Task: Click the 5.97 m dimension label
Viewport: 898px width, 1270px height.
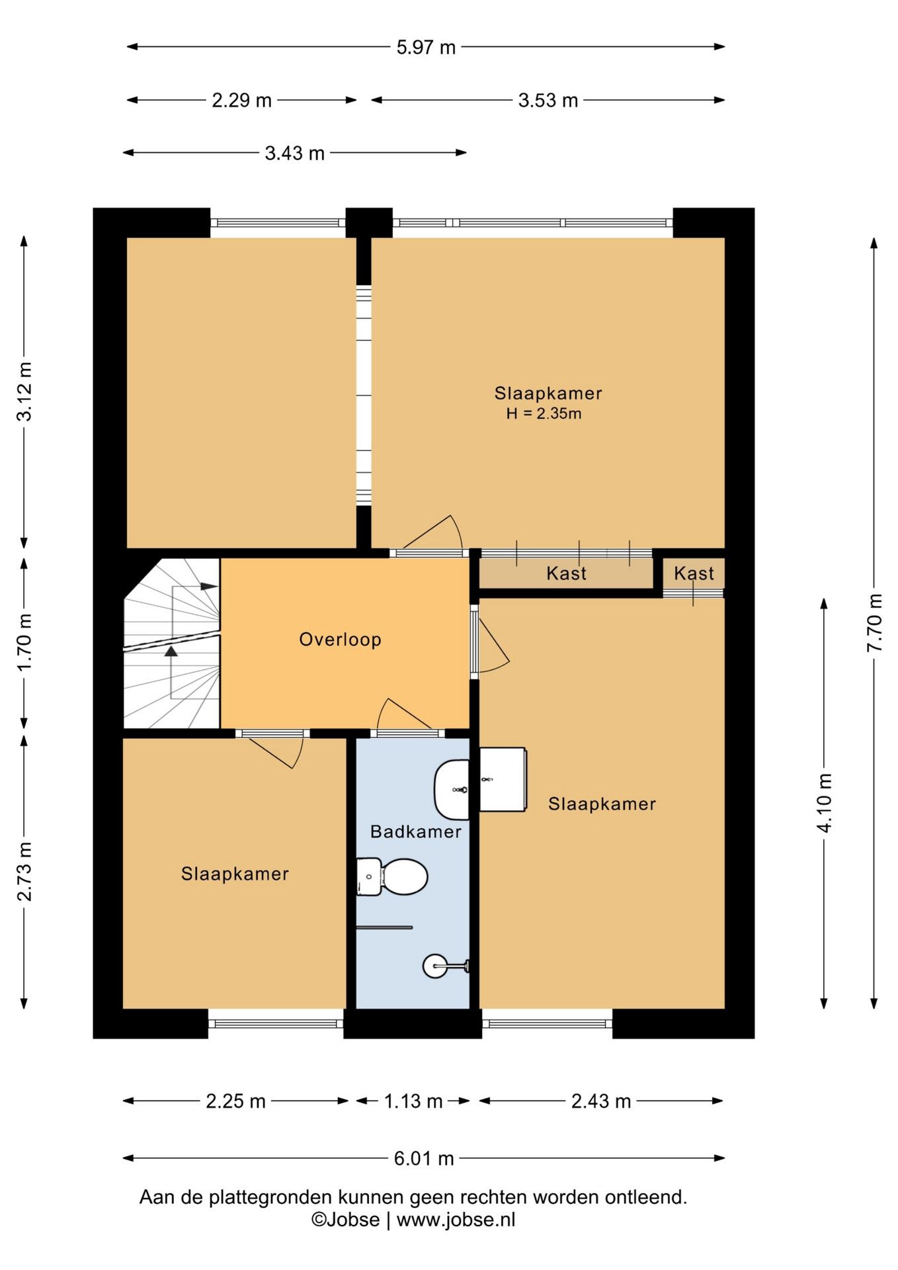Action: click(x=426, y=47)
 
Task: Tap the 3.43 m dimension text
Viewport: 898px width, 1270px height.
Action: click(x=294, y=153)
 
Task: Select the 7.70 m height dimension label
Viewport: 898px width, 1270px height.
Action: click(x=874, y=622)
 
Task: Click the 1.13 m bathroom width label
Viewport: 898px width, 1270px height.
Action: click(x=413, y=1101)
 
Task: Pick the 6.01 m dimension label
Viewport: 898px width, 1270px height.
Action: click(x=424, y=1158)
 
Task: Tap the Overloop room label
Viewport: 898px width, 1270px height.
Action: click(x=341, y=639)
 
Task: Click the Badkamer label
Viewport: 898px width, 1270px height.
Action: click(x=415, y=831)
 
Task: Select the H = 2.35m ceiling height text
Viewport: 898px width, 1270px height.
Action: click(x=544, y=413)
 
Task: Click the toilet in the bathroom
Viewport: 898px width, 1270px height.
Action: click(x=392, y=876)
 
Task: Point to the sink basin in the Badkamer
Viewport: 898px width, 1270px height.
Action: click(x=452, y=790)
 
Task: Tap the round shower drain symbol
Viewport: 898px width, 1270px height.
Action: click(x=434, y=966)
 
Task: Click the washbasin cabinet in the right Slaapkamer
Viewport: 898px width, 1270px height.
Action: click(x=503, y=779)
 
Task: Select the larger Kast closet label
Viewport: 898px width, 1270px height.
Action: click(x=566, y=573)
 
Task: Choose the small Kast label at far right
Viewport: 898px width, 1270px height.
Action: click(x=694, y=573)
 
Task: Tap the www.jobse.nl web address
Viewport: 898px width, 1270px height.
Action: click(x=456, y=1220)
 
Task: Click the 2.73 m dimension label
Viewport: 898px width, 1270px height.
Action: click(x=24, y=871)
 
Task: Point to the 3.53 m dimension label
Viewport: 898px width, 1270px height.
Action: click(x=548, y=101)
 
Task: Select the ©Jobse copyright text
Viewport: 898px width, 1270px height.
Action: click(x=346, y=1220)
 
